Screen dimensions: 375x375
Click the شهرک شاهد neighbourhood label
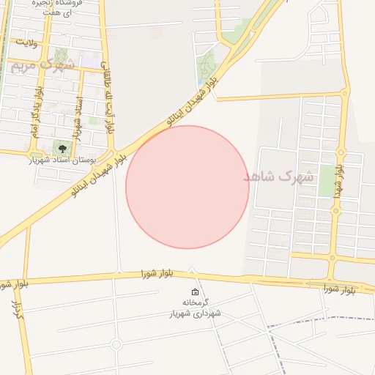click(x=278, y=177)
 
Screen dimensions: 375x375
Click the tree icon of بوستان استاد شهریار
click(x=62, y=149)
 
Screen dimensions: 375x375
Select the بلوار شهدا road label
click(x=338, y=180)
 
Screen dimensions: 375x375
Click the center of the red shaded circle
click(x=187, y=187)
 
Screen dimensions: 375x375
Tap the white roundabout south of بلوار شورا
click(x=116, y=344)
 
